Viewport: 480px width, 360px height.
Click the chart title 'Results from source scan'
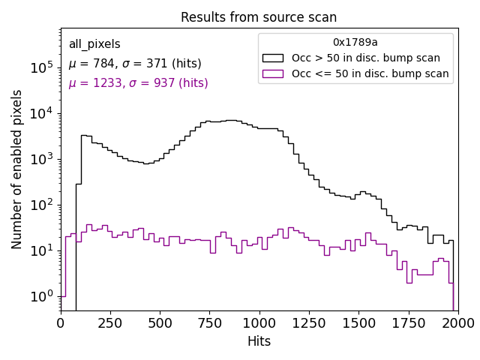point(259,17)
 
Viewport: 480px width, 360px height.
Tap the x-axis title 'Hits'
point(259,341)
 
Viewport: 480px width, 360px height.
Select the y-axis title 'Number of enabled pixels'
point(17,169)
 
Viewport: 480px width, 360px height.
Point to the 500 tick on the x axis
point(160,310)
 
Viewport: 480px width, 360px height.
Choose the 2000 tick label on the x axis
point(457,323)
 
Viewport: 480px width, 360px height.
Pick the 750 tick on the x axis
point(209,310)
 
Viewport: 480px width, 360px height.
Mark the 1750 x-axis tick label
point(408,323)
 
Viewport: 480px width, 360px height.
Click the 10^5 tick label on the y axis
point(43,67)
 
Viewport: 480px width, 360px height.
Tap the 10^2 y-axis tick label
point(43,205)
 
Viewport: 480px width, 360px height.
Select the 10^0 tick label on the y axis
point(43,296)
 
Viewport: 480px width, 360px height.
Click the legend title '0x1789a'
point(355,43)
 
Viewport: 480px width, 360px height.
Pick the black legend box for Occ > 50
point(273,58)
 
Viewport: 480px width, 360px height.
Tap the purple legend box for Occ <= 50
point(273,73)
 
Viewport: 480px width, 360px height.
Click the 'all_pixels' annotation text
point(94,44)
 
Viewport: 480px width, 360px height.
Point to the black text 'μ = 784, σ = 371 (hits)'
point(135,64)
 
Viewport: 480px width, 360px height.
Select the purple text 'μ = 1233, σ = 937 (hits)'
point(138,83)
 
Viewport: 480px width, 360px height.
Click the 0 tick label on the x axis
point(61,323)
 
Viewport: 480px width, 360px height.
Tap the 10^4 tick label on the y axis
point(43,113)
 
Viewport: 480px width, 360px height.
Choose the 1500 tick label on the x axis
point(358,323)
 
